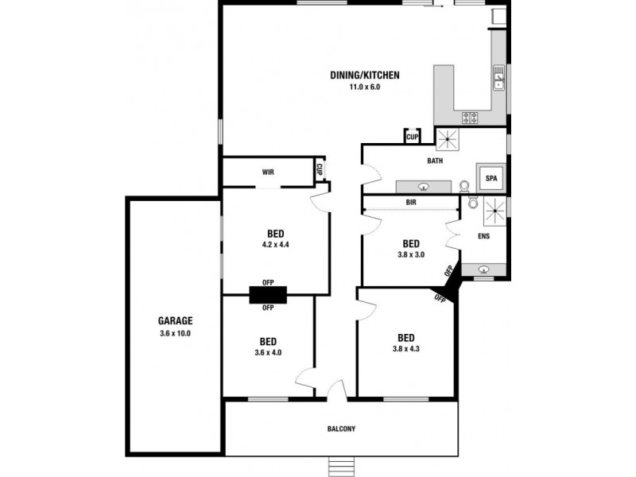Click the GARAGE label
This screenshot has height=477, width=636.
coord(175,321)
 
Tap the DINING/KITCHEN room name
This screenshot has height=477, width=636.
coord(365,76)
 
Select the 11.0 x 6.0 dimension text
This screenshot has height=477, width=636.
coord(365,87)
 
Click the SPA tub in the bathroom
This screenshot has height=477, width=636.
coord(491,178)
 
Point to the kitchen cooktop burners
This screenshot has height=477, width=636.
coord(471,118)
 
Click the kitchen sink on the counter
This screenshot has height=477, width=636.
coord(499,79)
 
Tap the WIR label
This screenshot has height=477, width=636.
coord(268,171)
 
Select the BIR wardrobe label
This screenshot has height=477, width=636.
coord(411,204)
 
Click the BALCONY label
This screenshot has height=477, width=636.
coord(341,429)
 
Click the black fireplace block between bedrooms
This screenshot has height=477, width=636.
coord(268,294)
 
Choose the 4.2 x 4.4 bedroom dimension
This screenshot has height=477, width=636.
coord(276,245)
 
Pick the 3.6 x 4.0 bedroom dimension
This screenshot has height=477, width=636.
coord(268,351)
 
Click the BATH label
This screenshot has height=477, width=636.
coord(435,161)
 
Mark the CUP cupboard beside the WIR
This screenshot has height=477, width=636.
coord(319,169)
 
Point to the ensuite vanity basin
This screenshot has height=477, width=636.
coord(485,270)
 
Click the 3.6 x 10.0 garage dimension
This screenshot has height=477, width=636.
coord(175,333)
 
